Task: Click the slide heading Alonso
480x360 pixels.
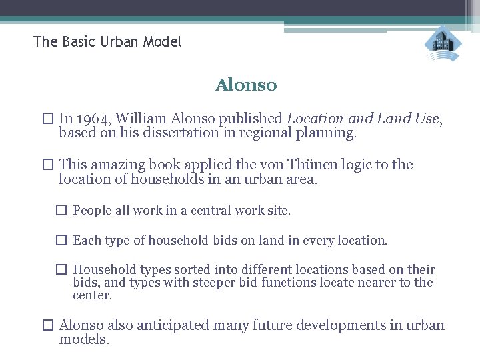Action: tap(245, 86)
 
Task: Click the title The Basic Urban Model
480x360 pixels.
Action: tap(107, 42)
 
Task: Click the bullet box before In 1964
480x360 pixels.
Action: tap(47, 119)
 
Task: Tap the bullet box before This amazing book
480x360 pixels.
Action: tap(47, 165)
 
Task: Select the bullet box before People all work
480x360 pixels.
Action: tap(61, 211)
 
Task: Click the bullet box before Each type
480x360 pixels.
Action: tap(61, 241)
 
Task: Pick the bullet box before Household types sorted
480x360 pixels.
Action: tap(61, 270)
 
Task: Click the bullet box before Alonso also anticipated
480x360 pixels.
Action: tap(47, 326)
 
